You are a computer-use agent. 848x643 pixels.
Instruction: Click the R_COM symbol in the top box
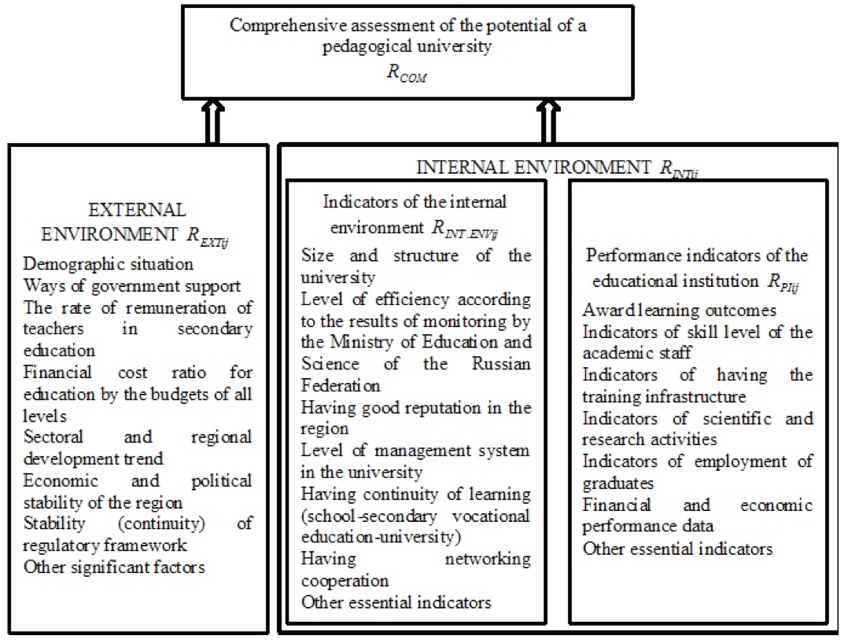(x=407, y=73)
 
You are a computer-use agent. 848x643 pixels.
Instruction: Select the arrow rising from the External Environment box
(x=213, y=122)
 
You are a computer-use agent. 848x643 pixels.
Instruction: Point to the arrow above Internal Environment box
(x=548, y=122)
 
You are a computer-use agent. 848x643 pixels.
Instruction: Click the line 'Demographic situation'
(x=109, y=264)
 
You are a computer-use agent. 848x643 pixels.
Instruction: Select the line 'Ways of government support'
(x=132, y=286)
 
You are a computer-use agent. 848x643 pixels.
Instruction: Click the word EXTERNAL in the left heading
(x=137, y=210)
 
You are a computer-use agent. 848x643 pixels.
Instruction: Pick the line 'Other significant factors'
(x=114, y=568)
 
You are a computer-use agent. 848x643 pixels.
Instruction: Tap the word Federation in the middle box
(x=340, y=385)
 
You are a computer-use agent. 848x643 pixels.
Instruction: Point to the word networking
(x=488, y=559)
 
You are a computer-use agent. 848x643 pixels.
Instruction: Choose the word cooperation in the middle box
(x=345, y=581)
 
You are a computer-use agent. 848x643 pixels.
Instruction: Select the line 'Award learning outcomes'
(x=680, y=310)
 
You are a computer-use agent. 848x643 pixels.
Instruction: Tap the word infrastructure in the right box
(x=698, y=397)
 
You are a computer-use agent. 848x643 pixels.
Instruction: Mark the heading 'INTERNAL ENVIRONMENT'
(x=533, y=167)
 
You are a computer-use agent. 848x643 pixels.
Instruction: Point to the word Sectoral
(x=53, y=436)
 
